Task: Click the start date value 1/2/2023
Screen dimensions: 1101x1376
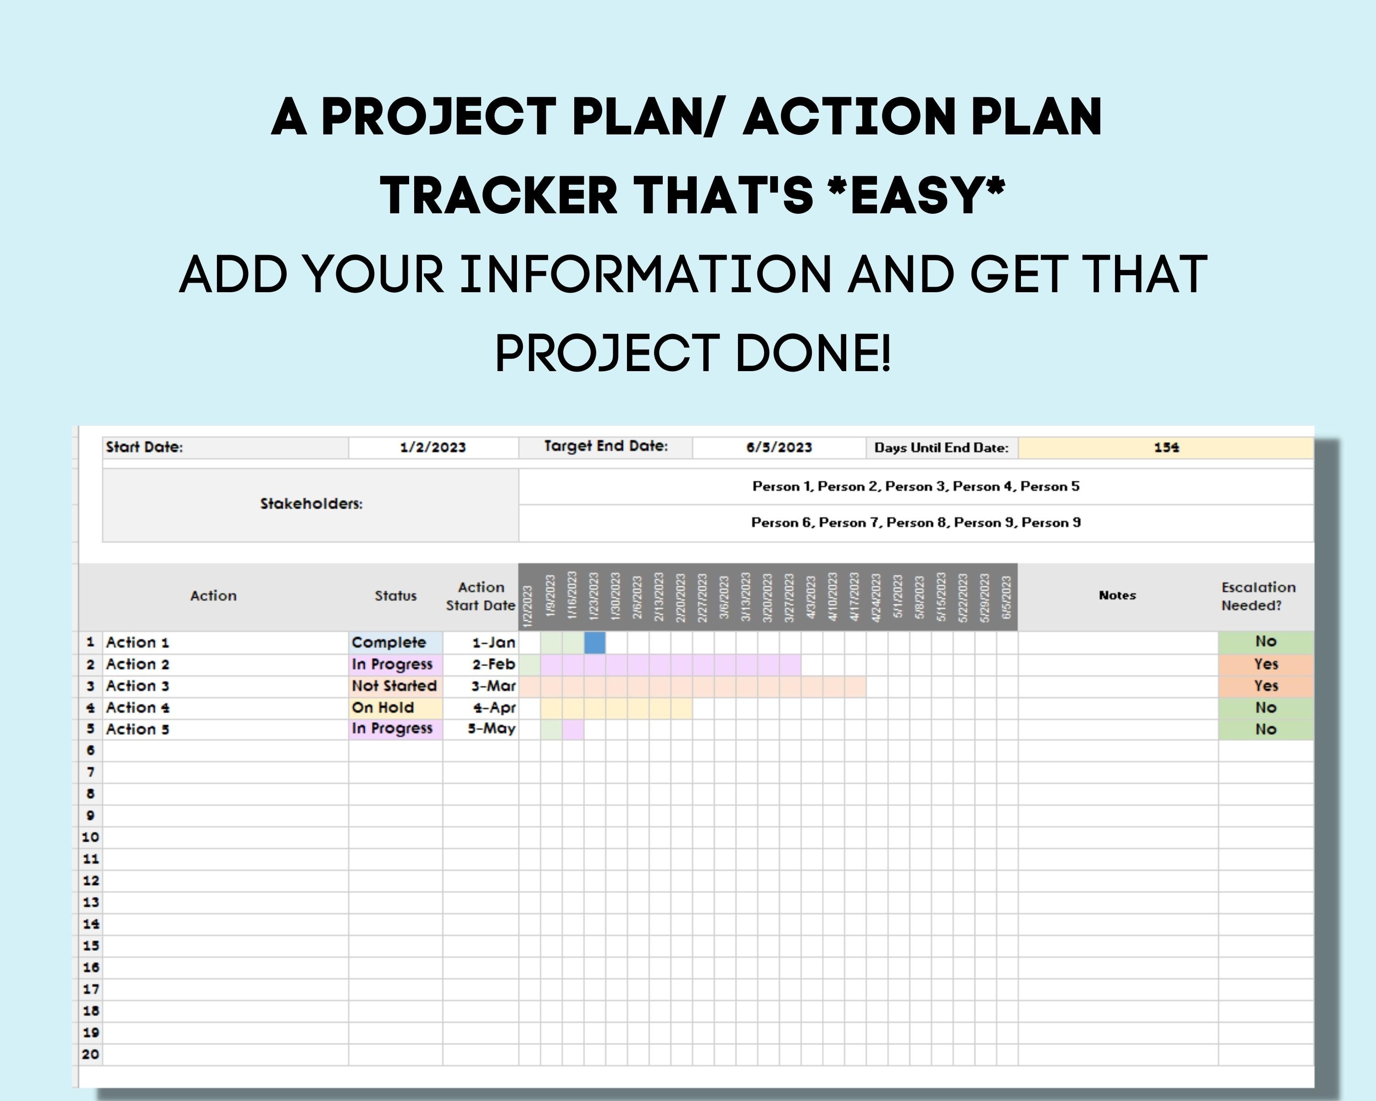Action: tap(433, 447)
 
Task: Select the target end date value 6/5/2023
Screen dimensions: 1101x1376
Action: tap(779, 447)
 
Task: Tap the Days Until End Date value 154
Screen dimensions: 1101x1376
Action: tap(1165, 447)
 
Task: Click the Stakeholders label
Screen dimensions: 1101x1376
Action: tap(311, 504)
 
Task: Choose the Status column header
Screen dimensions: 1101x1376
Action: tap(395, 596)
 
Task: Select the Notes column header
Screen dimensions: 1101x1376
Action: tap(1117, 595)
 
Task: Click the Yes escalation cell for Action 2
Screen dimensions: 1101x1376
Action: tap(1265, 664)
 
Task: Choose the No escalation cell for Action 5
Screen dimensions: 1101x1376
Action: tap(1265, 729)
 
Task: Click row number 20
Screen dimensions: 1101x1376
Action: tap(90, 1054)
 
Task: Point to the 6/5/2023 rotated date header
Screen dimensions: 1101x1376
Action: tap(1006, 597)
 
